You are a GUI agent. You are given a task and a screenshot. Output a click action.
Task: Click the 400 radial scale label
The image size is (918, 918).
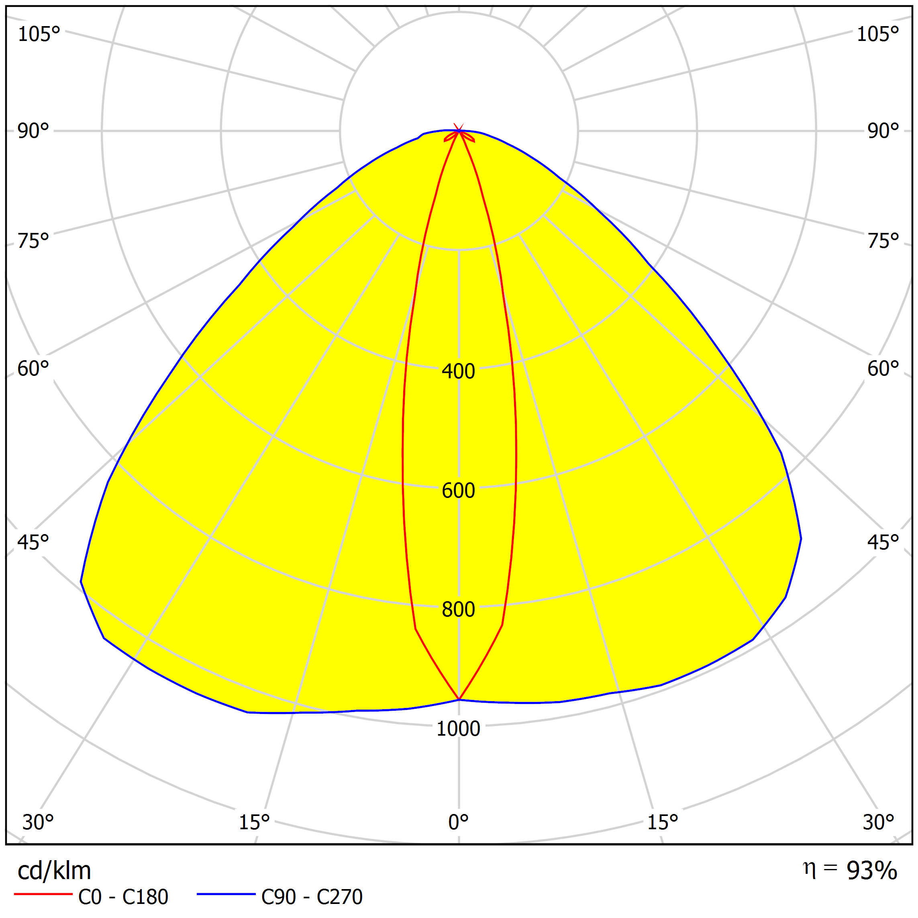458,371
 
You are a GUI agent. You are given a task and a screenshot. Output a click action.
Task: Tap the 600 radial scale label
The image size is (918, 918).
458,490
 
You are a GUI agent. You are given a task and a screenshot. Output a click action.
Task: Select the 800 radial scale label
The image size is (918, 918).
458,610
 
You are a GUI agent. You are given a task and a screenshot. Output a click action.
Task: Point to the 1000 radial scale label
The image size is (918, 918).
458,728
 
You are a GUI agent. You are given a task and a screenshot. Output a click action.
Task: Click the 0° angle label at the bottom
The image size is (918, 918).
458,822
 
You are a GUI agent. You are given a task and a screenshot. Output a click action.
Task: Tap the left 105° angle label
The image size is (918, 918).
39,35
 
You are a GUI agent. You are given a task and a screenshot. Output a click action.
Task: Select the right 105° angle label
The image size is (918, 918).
877,35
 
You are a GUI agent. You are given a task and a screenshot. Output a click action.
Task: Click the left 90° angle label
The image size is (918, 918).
33,131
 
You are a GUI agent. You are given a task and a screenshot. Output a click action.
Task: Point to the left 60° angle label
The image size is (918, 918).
33,369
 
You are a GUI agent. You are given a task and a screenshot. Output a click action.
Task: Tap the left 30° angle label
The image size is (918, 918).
38,822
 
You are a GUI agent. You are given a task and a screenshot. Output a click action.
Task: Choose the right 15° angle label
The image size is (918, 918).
662,822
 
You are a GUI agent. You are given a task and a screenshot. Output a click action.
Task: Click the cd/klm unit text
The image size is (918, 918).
54,871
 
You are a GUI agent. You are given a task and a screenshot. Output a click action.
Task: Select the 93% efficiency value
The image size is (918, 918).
871,871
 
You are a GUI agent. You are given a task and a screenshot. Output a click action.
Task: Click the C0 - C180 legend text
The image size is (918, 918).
123,897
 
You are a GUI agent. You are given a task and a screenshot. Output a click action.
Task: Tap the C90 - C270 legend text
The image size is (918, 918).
312,897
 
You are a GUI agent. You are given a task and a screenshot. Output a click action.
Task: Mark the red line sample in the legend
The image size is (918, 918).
43,895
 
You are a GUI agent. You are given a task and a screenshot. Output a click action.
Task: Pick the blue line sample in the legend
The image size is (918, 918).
226,895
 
